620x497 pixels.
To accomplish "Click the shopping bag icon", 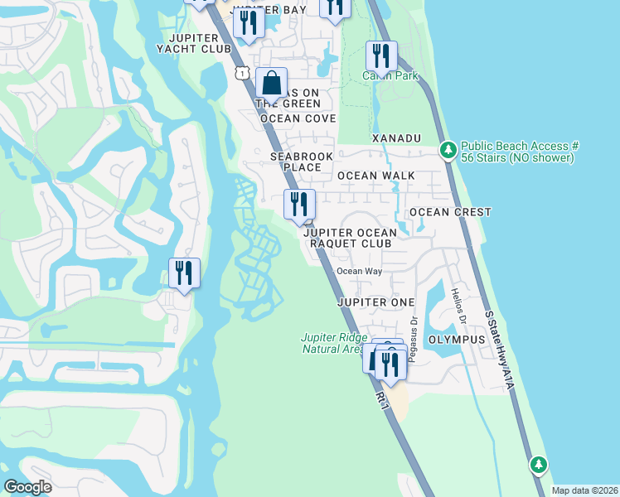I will click(271, 84).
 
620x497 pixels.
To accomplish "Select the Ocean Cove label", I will click(298, 118).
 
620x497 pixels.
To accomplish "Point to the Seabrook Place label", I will click(296, 161).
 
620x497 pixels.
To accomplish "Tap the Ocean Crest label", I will click(450, 212).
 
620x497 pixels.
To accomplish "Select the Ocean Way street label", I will click(359, 271).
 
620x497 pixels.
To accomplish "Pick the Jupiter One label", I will click(375, 302).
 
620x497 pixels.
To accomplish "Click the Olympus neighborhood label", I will click(456, 340).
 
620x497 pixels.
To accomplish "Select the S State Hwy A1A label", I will click(500, 349).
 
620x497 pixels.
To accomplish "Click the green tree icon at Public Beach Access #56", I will click(448, 150).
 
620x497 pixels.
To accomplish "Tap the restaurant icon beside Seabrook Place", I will click(298, 204).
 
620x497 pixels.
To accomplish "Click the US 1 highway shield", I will click(240, 74).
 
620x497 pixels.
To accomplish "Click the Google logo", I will click(27, 487).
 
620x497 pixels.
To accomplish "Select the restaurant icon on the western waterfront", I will click(184, 273).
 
